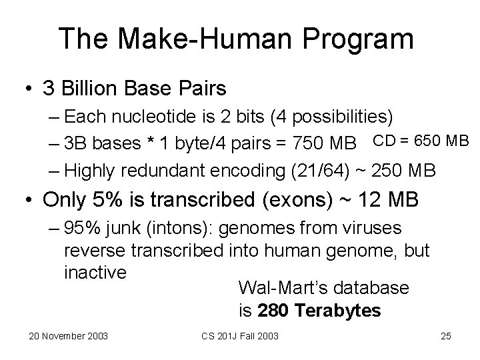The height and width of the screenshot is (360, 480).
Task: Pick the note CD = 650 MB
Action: [x=421, y=141]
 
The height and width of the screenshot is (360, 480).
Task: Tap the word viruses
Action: [x=367, y=229]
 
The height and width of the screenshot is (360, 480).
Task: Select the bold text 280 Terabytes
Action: [x=319, y=311]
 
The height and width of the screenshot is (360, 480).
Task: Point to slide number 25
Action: [x=446, y=335]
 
